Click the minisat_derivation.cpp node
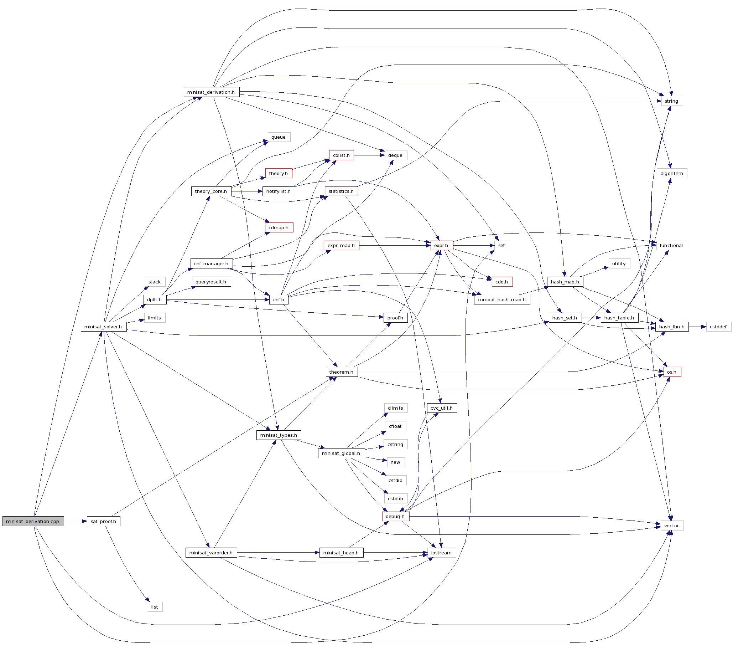pos(33,521)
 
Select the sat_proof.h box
pos(103,521)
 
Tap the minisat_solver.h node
pos(103,327)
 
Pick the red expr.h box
pos(441,246)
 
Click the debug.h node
pos(395,517)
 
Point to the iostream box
pos(441,553)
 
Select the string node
pos(672,101)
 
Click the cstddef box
pos(718,327)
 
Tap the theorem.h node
pos(342,372)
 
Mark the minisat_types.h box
pos(279,435)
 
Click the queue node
pos(279,137)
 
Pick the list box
pos(155,607)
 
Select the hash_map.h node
pos(565,282)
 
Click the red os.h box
pos(672,372)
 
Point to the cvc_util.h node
pos(442,408)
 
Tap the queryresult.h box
pos(211,282)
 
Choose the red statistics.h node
pos(342,191)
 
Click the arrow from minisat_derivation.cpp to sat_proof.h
pos(75,521)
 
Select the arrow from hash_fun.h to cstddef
pos(697,327)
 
